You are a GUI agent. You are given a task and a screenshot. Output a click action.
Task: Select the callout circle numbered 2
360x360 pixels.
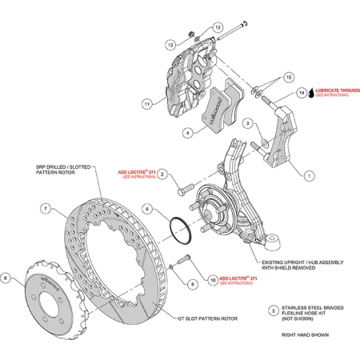point(162,174)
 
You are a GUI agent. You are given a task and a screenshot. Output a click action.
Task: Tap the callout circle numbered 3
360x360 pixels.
point(249,122)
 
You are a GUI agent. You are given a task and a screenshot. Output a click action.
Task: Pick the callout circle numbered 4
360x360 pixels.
point(186,133)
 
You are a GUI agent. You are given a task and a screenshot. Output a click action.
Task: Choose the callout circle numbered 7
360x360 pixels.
point(46,209)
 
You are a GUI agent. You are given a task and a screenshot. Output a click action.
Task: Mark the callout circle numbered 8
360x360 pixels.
point(6,278)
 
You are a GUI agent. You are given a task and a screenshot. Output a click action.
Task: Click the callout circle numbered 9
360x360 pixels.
point(193,284)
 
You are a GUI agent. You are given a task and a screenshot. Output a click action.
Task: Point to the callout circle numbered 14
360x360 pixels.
point(302,93)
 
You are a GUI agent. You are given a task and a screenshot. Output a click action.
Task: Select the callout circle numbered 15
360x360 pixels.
point(278,77)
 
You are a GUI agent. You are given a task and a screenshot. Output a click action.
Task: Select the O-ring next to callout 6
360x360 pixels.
point(181,227)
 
